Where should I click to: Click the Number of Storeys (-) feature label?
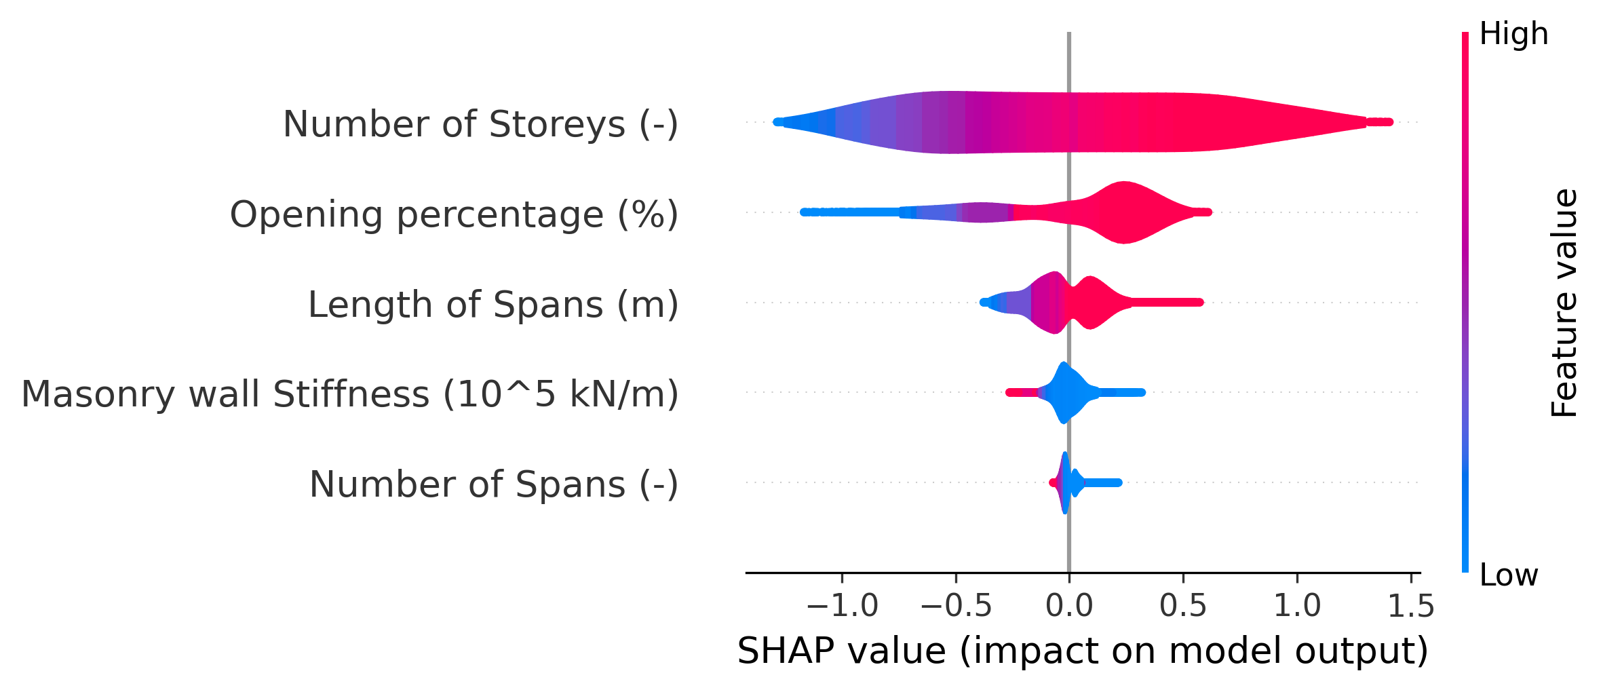pos(480,125)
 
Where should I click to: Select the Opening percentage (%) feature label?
pos(454,215)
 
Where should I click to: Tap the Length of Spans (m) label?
pos(493,305)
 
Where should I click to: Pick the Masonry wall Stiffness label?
pos(350,395)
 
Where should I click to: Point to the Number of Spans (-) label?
pos(494,485)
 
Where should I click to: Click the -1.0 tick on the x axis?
pos(842,606)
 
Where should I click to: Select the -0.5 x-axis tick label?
pos(956,606)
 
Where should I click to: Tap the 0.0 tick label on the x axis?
pos(1069,606)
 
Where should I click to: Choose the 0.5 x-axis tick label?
pos(1183,606)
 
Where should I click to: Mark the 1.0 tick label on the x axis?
pos(1297,606)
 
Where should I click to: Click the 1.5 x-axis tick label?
pos(1411,606)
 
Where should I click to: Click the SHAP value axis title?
pos(1083,651)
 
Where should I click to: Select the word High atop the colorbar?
pos(1513,34)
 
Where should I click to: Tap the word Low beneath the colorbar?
pos(1509,575)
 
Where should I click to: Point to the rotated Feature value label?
pos(1565,303)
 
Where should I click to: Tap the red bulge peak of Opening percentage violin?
pos(1124,212)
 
